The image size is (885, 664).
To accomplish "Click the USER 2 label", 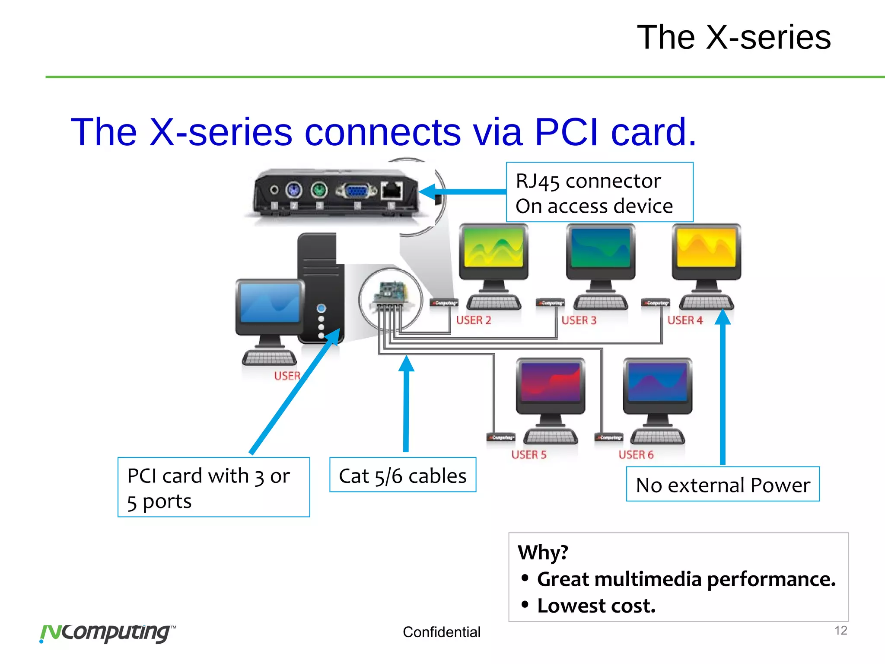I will [474, 320].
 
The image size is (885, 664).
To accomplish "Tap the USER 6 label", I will [636, 455].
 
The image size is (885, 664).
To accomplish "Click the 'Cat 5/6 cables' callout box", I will [402, 475].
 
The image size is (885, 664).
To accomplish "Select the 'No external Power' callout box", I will [723, 484].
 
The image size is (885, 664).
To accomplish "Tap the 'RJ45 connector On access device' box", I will [599, 192].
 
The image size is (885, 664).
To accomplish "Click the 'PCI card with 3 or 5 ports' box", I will [213, 487].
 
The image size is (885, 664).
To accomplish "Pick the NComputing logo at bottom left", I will [107, 633].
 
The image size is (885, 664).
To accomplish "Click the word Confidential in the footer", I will [441, 632].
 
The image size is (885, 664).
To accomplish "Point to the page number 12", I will [840, 630].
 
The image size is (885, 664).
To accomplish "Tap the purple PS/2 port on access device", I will [294, 190].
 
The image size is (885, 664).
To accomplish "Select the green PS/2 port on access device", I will [319, 190].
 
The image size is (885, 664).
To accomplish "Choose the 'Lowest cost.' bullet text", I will [596, 606].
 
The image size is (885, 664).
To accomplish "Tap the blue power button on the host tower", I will [321, 308].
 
